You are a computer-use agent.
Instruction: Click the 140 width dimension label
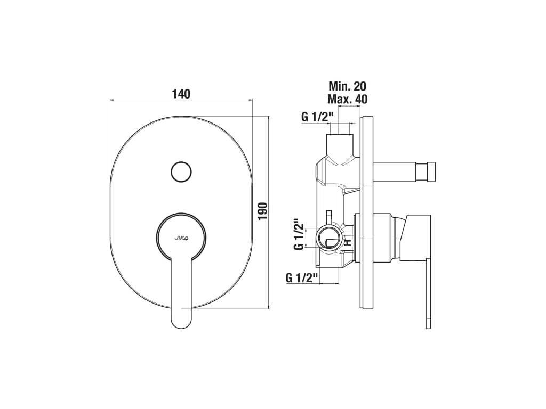(x=181, y=94)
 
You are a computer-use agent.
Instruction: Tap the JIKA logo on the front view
(x=181, y=238)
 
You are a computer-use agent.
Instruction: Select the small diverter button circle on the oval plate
(x=181, y=172)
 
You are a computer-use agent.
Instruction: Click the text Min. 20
(x=347, y=86)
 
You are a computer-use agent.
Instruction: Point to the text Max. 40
(x=347, y=99)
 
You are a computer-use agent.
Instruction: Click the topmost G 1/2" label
(x=317, y=117)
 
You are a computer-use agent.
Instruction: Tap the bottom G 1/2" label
(x=302, y=277)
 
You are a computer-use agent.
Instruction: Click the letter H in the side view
(x=347, y=243)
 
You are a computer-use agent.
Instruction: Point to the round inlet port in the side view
(x=329, y=237)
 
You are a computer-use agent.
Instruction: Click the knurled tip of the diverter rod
(x=431, y=172)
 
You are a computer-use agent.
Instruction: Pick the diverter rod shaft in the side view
(x=401, y=172)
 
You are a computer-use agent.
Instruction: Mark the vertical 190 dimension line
(x=269, y=212)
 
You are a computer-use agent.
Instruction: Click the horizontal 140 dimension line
(x=181, y=100)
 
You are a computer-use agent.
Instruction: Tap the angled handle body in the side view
(x=416, y=238)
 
